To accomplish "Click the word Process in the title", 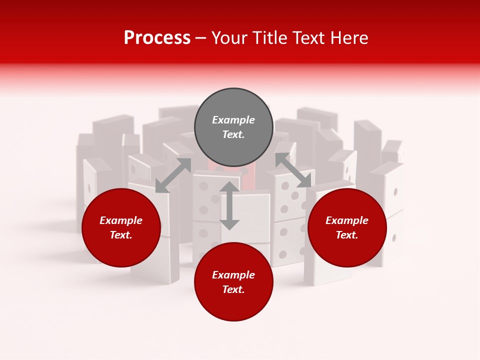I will tap(157, 38).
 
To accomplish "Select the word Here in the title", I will tap(349, 38).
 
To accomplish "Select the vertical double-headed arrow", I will tap(229, 205).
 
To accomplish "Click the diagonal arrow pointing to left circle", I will tap(173, 175).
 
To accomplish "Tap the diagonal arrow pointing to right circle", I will tap(293, 170).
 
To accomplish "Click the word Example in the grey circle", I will tap(233, 120).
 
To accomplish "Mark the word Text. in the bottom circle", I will tap(233, 289).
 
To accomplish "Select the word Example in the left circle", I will tap(121, 220).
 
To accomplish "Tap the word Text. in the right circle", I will tap(347, 235).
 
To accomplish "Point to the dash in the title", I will tap(201, 38).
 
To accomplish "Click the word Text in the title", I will tap(310, 38).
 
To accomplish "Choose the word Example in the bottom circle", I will tap(233, 275).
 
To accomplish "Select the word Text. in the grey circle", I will tap(233, 134).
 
